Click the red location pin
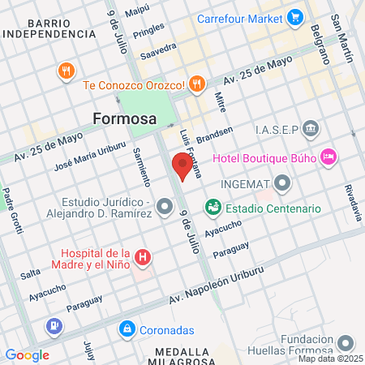tap(182, 168)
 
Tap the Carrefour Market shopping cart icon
tap(295, 15)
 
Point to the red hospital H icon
tap(144, 259)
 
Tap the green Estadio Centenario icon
tap(213, 208)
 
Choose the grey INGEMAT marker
tap(283, 184)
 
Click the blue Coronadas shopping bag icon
tap(127, 329)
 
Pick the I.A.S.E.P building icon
tap(312, 130)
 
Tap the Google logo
tap(27, 354)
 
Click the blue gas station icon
tap(54, 327)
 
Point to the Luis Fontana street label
tap(192, 154)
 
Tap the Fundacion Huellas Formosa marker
tap(346, 345)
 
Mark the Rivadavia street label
tap(353, 202)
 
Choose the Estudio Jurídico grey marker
tap(165, 208)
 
